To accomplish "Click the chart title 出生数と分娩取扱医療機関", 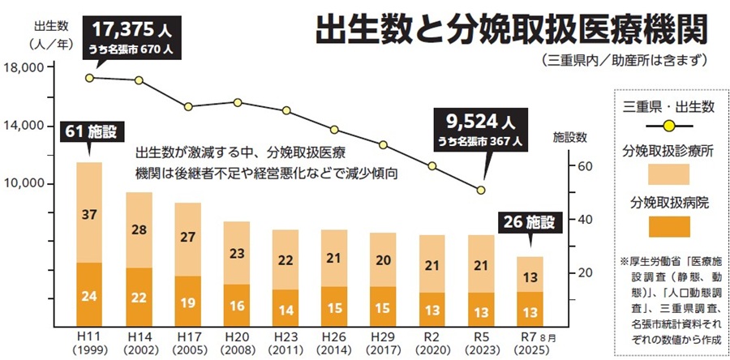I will pyautogui.click(x=510, y=32).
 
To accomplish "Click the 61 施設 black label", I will pyautogui.click(x=89, y=131).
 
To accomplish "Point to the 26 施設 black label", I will pyautogui.click(x=530, y=221).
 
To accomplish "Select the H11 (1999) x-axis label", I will pyautogui.click(x=89, y=341).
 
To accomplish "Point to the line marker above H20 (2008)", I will pyautogui.click(x=237, y=102).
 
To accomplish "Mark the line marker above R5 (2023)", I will pyautogui.click(x=481, y=190).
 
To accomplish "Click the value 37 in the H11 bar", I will pyautogui.click(x=89, y=214).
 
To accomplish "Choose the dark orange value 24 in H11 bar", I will pyautogui.click(x=89, y=296).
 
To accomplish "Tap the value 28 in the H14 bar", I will pyautogui.click(x=139, y=229).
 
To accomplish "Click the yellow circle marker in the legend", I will pyautogui.click(x=668, y=126).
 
